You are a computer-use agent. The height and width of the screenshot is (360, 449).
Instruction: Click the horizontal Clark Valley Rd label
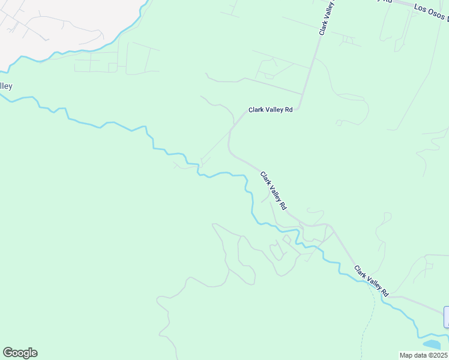pyautogui.click(x=271, y=110)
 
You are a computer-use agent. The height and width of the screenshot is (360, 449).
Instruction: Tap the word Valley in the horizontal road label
pyautogui.click(x=273, y=110)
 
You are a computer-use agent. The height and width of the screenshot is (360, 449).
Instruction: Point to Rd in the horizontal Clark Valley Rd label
pyautogui.click(x=288, y=110)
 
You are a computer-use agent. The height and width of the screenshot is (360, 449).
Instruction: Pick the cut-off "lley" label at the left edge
pyautogui.click(x=6, y=86)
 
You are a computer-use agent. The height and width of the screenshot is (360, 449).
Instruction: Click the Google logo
pyautogui.click(x=20, y=353)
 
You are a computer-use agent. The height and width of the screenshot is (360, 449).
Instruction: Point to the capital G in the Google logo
pyautogui.click(x=8, y=353)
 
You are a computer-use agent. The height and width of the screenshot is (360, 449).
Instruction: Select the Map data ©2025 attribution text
pyautogui.click(x=424, y=355)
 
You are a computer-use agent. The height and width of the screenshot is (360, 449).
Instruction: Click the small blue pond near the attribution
pyautogui.click(x=432, y=344)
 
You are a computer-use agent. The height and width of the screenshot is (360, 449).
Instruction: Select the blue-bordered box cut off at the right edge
pyautogui.click(x=446, y=317)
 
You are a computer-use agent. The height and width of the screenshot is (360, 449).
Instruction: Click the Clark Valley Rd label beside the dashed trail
pyautogui.click(x=371, y=281)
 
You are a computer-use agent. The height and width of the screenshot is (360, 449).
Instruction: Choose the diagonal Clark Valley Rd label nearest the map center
pyautogui.click(x=273, y=190)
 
